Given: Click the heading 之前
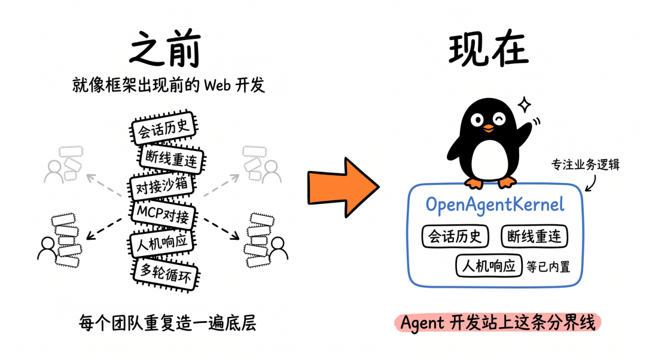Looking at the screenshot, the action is [x=165, y=49].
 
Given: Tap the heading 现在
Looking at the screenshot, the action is [x=488, y=49].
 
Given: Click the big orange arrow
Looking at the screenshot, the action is [x=343, y=187].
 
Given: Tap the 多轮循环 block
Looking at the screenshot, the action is [x=166, y=273].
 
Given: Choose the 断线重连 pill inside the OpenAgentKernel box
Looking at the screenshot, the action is [x=534, y=236].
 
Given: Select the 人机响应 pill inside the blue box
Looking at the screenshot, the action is [x=489, y=266].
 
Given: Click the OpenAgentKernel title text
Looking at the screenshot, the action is [x=495, y=205].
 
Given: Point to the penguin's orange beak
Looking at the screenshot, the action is [x=489, y=128].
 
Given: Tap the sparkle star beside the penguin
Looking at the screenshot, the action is [x=525, y=105].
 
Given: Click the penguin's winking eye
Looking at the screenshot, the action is [x=499, y=120].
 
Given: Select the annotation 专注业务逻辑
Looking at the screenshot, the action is [x=586, y=165].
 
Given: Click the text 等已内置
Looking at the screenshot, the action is [x=549, y=267].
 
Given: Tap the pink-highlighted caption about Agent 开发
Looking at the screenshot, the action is [x=498, y=322].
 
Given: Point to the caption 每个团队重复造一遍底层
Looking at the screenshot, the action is [x=167, y=323].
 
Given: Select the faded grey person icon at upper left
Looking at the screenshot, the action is [x=54, y=172].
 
